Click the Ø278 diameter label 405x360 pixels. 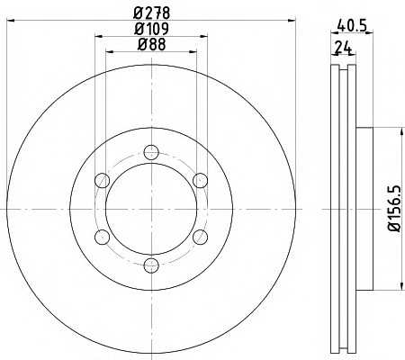(152, 13)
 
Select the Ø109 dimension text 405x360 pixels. (152, 29)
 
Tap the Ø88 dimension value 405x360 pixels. (152, 45)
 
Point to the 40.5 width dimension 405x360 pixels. (352, 25)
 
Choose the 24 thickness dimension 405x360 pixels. (343, 47)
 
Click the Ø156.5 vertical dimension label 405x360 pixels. (394, 209)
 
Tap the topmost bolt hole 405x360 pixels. (151, 152)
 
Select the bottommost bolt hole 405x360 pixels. (151, 265)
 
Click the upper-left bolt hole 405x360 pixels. (102, 181)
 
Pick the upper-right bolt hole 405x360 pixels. (200, 181)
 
